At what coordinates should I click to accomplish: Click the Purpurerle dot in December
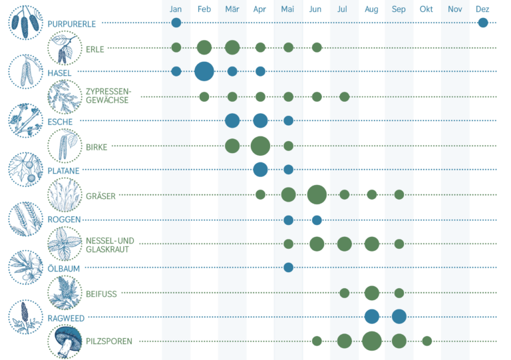[x=483, y=23]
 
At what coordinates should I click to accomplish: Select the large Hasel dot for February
[x=204, y=71]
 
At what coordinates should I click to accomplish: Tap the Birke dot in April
[x=260, y=145]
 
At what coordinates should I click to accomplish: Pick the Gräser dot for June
[x=317, y=194]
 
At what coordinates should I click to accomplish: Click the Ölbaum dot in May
[x=288, y=268]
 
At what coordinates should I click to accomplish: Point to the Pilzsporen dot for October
[x=427, y=341]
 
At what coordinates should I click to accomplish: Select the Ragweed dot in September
[x=399, y=316]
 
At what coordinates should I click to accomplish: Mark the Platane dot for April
[x=260, y=169]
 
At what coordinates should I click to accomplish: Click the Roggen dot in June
[x=317, y=220]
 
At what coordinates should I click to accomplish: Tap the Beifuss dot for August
[x=372, y=293]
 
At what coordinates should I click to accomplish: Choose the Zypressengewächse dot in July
[x=345, y=96]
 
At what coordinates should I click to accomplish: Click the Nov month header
[x=455, y=9]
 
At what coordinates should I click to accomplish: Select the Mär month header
[x=232, y=9]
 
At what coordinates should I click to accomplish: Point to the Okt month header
[x=426, y=9]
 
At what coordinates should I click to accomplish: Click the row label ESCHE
[x=61, y=122]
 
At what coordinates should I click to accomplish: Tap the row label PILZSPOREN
[x=109, y=341]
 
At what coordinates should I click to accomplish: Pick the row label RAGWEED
[x=66, y=318]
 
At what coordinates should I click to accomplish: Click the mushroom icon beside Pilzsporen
[x=65, y=340]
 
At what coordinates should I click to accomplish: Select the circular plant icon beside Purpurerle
[x=25, y=23]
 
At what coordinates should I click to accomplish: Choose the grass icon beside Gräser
[x=65, y=194]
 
